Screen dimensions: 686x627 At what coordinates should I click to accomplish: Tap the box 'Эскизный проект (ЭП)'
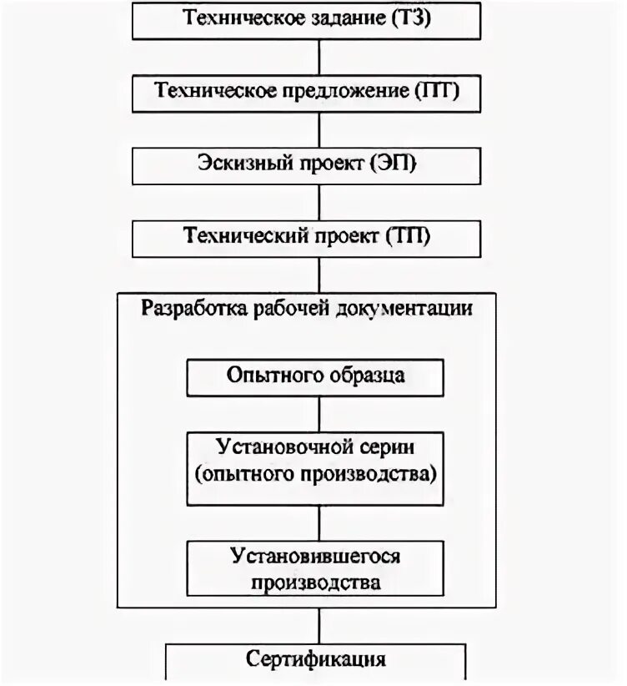click(x=308, y=164)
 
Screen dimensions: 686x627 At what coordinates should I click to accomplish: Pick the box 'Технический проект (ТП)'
click(x=308, y=237)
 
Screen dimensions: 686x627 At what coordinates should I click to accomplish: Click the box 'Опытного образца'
click(x=316, y=376)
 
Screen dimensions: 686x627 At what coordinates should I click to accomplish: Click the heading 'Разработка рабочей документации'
click(x=308, y=308)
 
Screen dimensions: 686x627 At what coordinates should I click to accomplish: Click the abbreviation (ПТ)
click(x=437, y=91)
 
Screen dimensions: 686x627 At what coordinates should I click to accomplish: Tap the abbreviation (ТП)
click(x=408, y=237)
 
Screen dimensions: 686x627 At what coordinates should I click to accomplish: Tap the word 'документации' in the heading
click(x=405, y=308)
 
